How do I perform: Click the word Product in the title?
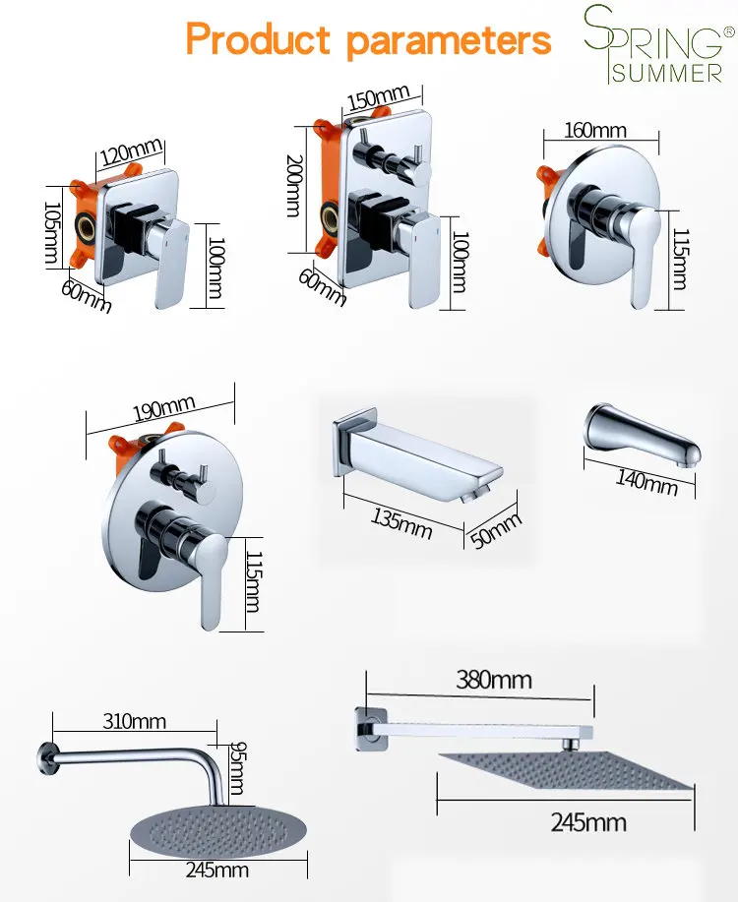click(259, 39)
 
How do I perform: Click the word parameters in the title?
click(449, 41)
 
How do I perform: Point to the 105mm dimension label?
click(52, 233)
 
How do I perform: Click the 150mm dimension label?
click(378, 97)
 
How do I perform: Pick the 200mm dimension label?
click(294, 185)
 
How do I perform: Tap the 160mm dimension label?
click(594, 130)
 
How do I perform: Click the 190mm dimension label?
click(164, 408)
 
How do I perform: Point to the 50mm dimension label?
click(496, 530)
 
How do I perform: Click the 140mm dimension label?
click(647, 482)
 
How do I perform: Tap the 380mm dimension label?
click(494, 680)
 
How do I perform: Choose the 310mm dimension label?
click(134, 721)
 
